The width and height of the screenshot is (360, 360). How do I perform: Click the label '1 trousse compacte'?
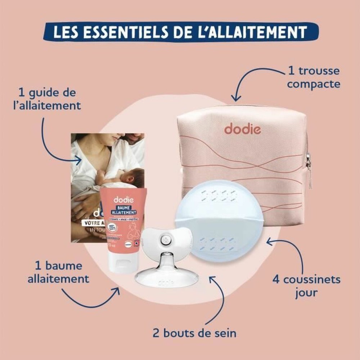[x=314, y=77]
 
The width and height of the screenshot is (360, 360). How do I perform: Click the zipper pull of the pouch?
[x=309, y=169]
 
